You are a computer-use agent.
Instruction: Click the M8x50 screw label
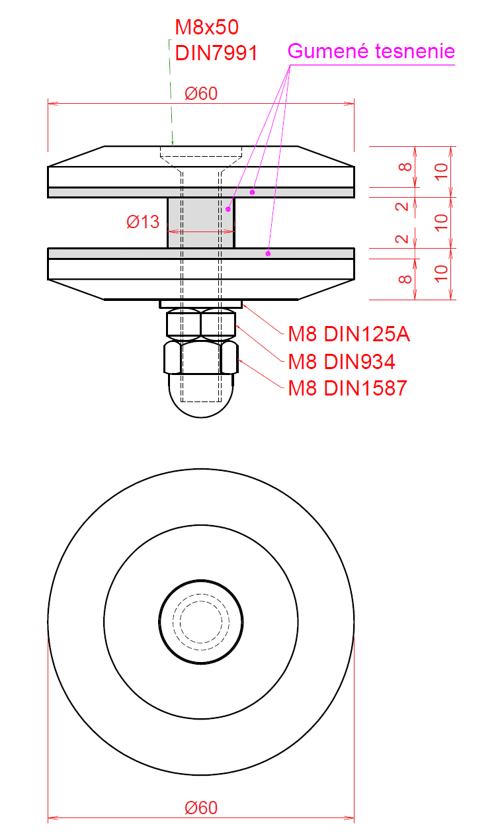tap(206, 27)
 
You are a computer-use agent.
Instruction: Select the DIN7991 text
tap(216, 52)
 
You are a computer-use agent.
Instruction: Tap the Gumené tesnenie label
tap(371, 51)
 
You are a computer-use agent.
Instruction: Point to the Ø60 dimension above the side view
tap(201, 93)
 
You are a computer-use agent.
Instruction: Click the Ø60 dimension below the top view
tap(201, 808)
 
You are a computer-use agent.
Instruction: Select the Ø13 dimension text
tap(143, 222)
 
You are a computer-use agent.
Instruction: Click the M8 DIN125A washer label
tap(349, 334)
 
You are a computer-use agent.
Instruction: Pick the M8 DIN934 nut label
tap(341, 362)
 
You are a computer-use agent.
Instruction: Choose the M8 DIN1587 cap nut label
tap(347, 388)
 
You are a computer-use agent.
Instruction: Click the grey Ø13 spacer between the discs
tap(201, 223)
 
